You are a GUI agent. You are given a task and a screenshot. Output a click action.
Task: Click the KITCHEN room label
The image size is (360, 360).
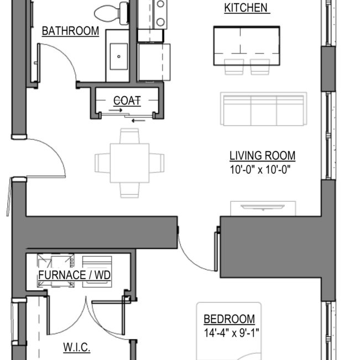(246, 8)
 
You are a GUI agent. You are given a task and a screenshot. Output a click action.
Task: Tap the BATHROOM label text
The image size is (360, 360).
(70, 31)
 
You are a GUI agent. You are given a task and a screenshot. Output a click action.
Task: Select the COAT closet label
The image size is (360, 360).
(127, 101)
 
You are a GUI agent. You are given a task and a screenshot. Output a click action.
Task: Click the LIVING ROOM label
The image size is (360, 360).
(262, 156)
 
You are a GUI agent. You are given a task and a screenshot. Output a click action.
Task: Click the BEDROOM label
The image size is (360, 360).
(229, 319)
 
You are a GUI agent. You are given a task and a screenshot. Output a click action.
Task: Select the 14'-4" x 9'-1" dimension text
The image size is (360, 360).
(231, 333)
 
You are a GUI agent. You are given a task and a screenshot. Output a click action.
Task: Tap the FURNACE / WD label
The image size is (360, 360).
(74, 275)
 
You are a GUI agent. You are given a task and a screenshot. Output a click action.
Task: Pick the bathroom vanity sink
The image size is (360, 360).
(118, 56)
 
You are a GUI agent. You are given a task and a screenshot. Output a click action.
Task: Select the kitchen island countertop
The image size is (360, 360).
(246, 45)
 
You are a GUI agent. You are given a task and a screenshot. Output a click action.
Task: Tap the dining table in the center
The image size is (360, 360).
(129, 162)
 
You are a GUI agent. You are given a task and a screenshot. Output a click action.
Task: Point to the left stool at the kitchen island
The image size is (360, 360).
(233, 66)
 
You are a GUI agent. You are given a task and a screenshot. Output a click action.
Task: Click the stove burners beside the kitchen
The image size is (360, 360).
(160, 13)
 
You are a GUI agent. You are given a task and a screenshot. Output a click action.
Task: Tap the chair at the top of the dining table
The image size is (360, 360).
(129, 135)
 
